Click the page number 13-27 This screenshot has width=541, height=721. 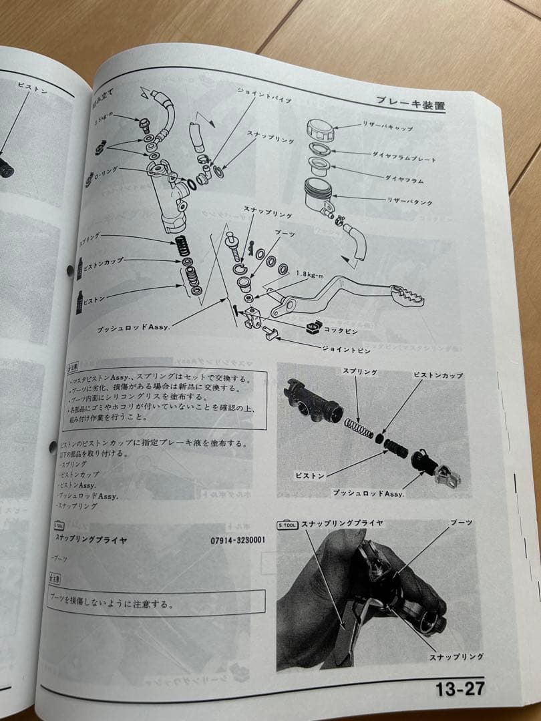pyautogui.click(x=460, y=688)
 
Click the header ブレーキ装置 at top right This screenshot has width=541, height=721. pyautogui.click(x=410, y=103)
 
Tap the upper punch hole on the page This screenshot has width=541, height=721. pyautogui.click(x=69, y=270)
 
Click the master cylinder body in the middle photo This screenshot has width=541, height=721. pyautogui.click(x=313, y=401)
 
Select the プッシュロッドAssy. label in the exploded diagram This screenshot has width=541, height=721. pyautogui.click(x=133, y=327)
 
